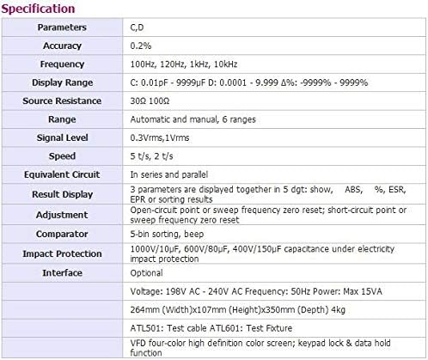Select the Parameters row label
pyautogui.click(x=61, y=27)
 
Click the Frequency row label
pyautogui.click(x=61, y=64)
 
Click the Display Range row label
pyautogui.click(x=61, y=82)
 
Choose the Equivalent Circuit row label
pyautogui.click(x=61, y=174)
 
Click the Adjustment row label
pyautogui.click(x=61, y=215)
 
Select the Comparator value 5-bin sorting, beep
pyautogui.click(x=164, y=233)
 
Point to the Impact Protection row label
pyautogui.click(x=61, y=253)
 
